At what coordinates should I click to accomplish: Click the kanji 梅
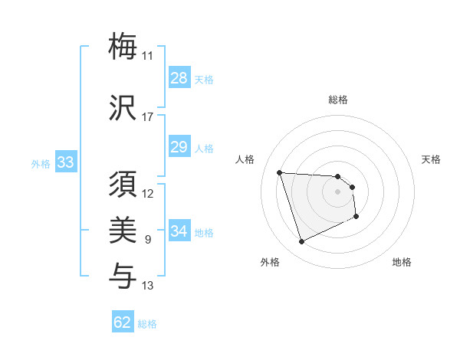point(123,46)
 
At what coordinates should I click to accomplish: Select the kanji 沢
point(123,107)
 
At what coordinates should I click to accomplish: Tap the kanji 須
point(123,185)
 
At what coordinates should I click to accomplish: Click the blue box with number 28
point(179,78)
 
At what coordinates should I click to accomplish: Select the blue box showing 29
point(179,147)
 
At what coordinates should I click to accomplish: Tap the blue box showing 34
point(179,231)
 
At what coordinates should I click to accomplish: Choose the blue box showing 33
point(65,163)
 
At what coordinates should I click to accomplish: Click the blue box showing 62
point(123,322)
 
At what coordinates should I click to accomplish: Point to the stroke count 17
point(147,117)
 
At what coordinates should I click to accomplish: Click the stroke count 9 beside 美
point(147,241)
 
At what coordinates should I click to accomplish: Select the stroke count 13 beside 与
point(147,286)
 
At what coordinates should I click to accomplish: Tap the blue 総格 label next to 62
point(148,324)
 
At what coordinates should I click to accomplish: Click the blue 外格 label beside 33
point(40,164)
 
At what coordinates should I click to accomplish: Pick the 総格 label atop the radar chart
point(337,100)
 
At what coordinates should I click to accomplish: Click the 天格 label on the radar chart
point(432,159)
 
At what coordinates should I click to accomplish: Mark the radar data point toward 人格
point(280,172)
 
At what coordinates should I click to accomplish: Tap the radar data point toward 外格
point(301,242)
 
